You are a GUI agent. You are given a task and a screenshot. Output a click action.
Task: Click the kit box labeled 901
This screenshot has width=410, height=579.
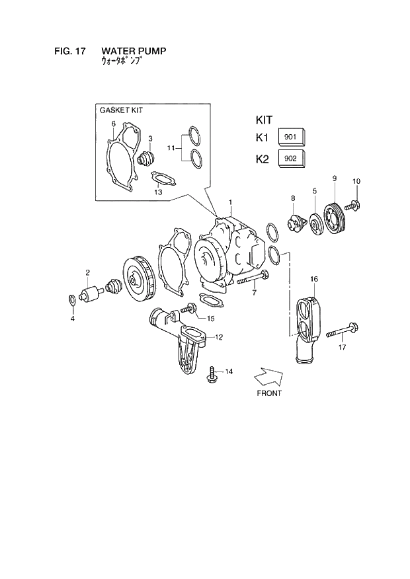point(292,137)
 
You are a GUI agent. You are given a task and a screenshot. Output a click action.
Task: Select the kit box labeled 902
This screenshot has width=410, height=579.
point(292,159)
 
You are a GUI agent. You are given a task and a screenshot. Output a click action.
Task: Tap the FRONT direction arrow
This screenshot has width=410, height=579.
point(268,377)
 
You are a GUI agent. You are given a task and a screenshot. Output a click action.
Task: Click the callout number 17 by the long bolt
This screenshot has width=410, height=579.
point(342,346)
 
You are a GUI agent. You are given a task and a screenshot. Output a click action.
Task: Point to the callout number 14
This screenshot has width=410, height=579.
point(229,371)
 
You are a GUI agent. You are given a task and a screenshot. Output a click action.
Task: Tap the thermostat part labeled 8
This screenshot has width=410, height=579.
point(295,223)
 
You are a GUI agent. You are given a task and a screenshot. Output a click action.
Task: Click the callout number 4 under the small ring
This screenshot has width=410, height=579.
point(73,319)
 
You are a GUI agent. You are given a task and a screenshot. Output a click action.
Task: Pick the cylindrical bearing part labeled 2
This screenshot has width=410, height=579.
point(89,292)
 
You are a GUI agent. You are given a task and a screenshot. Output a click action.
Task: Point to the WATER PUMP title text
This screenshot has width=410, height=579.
point(134,50)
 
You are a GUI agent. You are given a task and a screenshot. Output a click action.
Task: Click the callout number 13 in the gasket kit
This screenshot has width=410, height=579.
point(158,192)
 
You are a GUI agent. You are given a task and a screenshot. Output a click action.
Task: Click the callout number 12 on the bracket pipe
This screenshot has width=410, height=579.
point(219,337)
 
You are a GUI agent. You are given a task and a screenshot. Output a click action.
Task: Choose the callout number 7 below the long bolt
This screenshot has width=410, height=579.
point(254,293)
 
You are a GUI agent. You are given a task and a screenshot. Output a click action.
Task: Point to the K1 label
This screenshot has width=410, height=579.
point(263,137)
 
